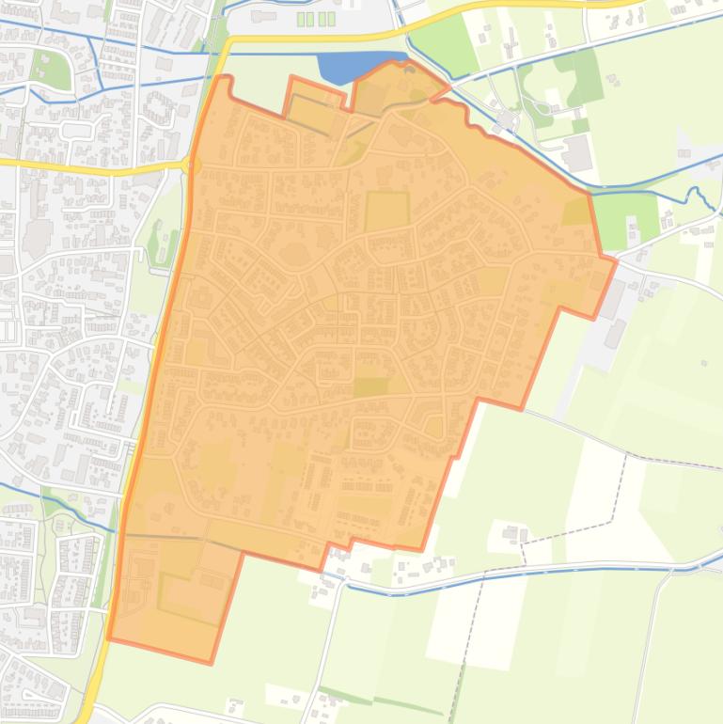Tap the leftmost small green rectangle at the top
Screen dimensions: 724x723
point(302,19)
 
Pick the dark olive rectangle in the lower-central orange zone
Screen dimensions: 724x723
point(369,386)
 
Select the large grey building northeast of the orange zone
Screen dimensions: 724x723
point(577,151)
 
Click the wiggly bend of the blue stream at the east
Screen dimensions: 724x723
point(696,195)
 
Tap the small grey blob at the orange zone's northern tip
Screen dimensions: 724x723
point(408,67)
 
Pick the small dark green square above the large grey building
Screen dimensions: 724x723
point(580,125)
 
